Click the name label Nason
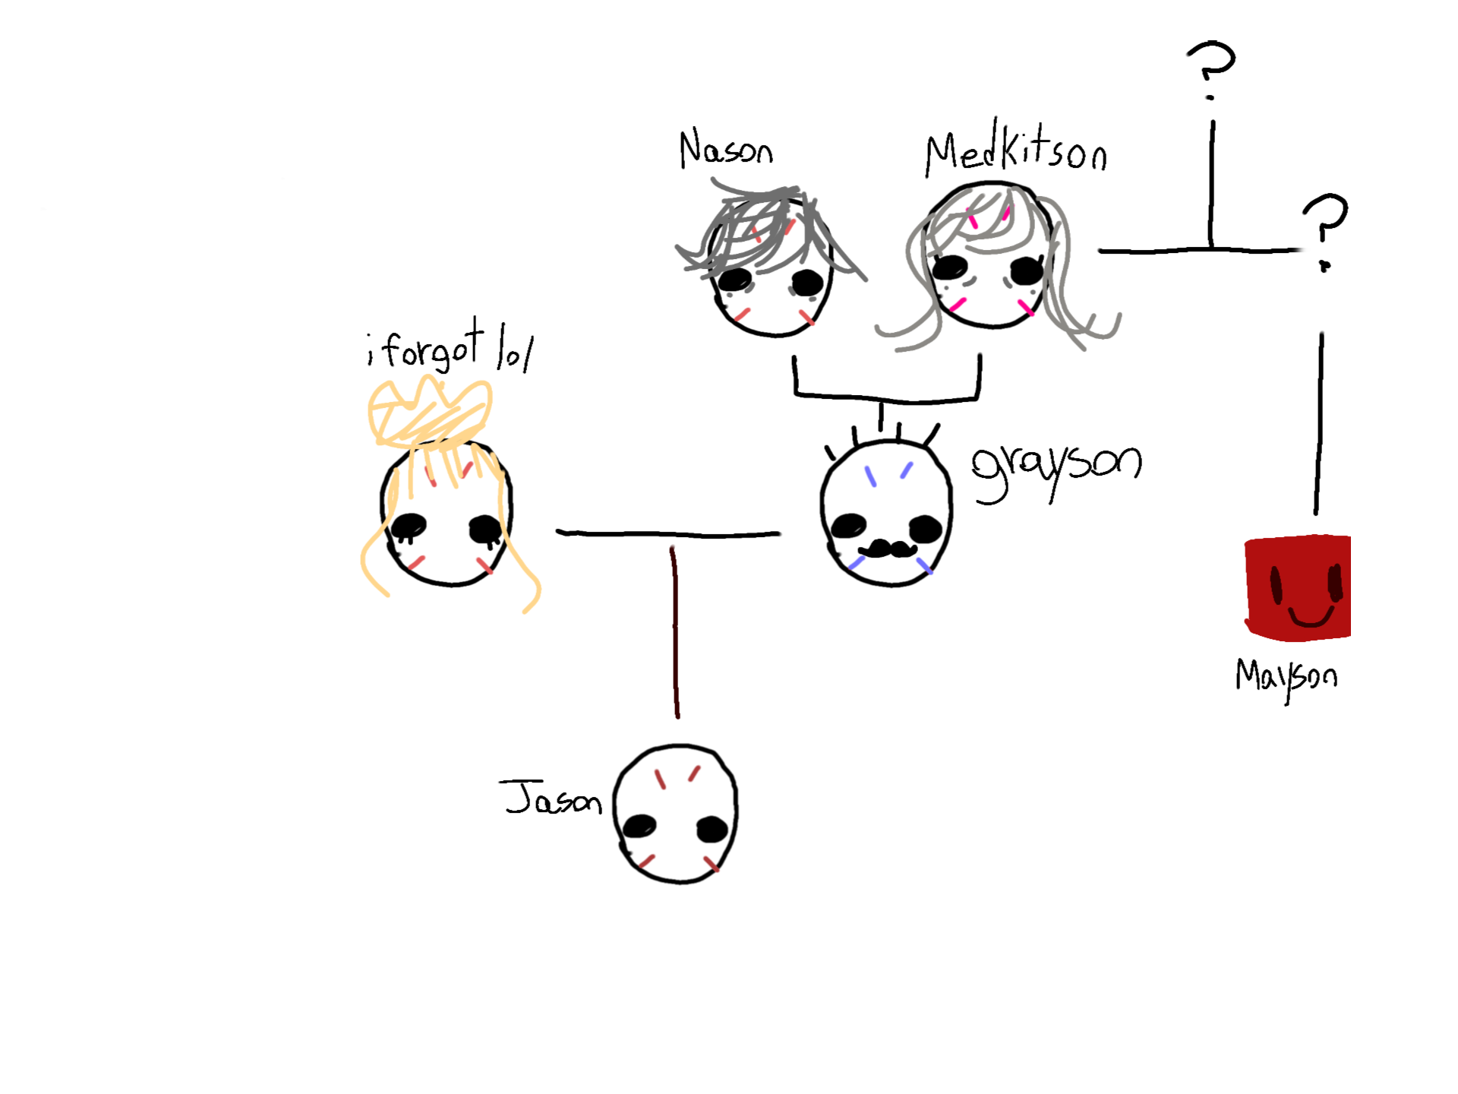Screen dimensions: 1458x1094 [725, 150]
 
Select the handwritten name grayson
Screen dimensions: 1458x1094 [1056, 466]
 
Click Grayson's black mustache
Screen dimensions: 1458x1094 [887, 549]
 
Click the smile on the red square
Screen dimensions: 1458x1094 [1311, 618]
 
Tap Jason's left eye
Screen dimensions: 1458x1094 [639, 826]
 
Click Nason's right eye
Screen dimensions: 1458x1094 [806, 283]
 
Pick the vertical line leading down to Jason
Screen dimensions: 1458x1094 [675, 631]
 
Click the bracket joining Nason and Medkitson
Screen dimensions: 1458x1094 [886, 396]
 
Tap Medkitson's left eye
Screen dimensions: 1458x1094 [949, 266]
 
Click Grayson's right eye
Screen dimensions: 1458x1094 [925, 527]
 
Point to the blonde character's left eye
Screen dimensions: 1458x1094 [409, 525]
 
